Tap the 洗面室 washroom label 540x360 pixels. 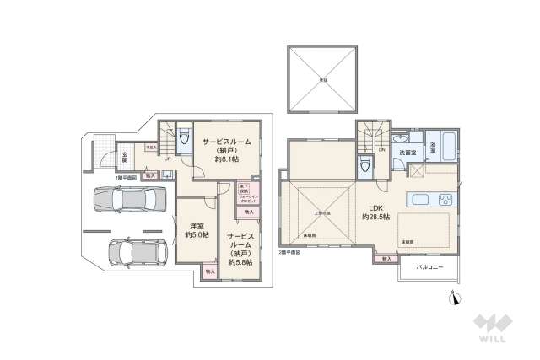click(x=408, y=153)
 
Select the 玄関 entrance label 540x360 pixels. click(x=124, y=157)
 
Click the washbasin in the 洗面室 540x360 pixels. click(x=401, y=138)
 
